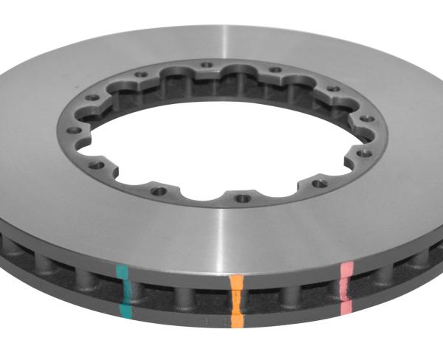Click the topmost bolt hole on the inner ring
point(207,65)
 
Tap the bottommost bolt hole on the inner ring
point(241,198)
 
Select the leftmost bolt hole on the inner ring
point(75,130)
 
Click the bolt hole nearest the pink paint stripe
point(318,184)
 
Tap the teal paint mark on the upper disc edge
point(123,272)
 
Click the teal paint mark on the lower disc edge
point(126,311)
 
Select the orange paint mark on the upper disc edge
point(236,283)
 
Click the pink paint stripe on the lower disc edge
point(345,304)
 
